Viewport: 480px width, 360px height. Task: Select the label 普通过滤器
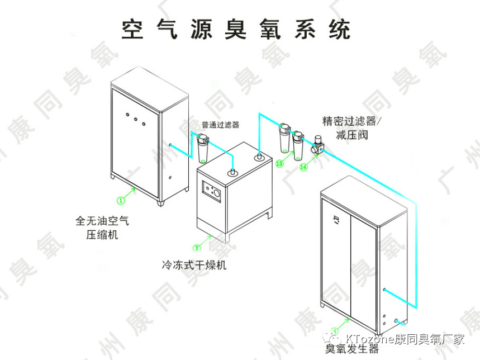click(x=220, y=125)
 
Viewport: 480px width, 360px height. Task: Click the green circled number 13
click(x=280, y=164)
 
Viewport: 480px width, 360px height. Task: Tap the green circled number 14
click(x=304, y=166)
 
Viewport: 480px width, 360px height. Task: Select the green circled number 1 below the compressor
click(x=120, y=199)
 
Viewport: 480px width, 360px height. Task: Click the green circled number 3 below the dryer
click(x=196, y=248)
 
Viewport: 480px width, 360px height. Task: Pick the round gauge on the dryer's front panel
click(x=216, y=193)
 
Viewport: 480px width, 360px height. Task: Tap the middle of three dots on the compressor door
click(x=135, y=119)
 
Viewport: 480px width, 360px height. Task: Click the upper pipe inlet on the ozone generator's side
click(x=384, y=289)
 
